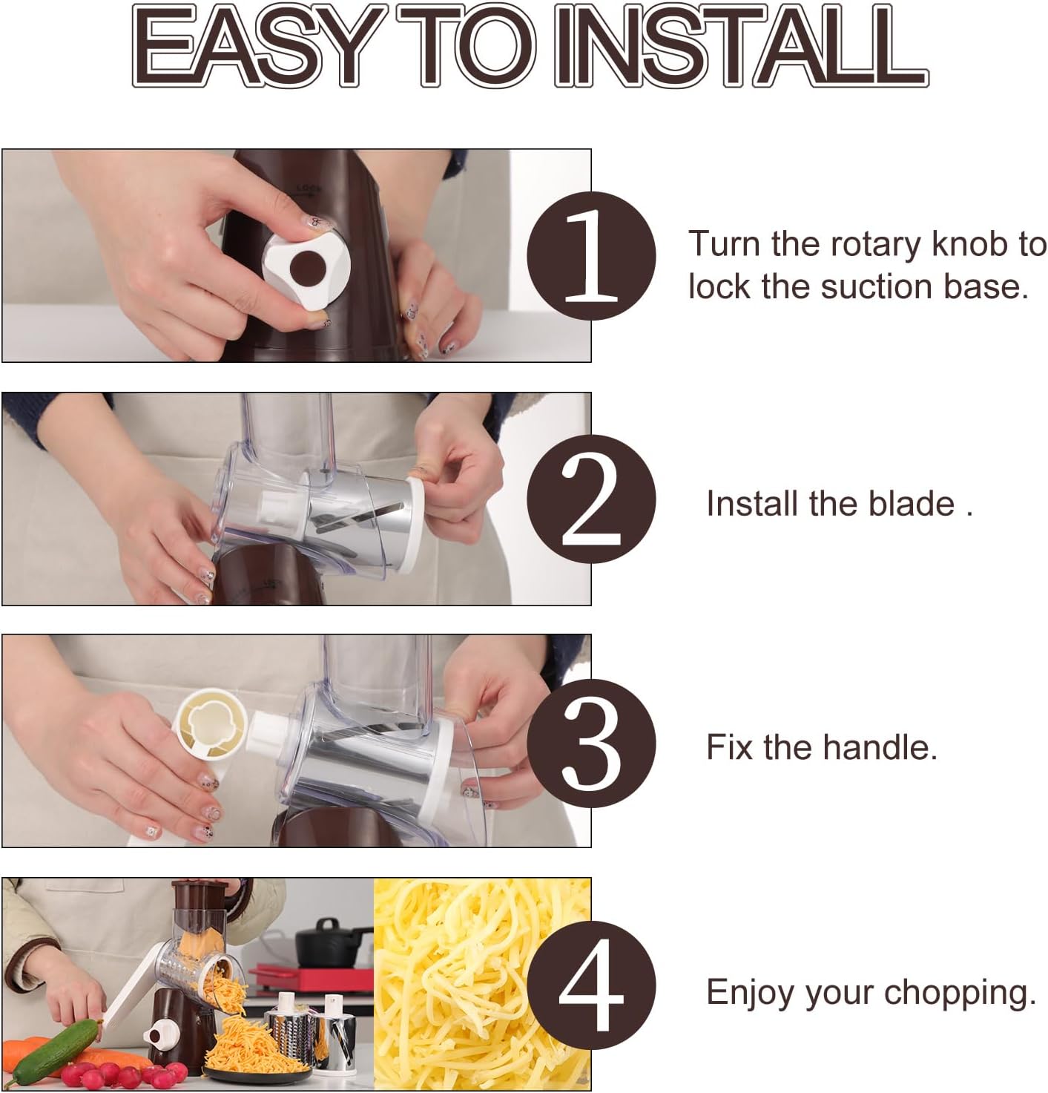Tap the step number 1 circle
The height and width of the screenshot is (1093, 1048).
tap(591, 255)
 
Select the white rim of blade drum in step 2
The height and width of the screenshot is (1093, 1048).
tap(414, 523)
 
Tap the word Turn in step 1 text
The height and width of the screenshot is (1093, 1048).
tap(725, 243)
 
